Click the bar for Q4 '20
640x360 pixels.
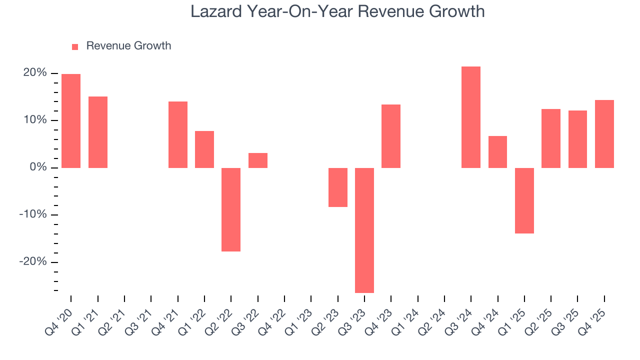click(71, 121)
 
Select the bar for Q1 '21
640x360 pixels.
click(98, 132)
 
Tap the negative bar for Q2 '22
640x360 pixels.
click(231, 209)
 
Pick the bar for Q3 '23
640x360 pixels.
click(364, 230)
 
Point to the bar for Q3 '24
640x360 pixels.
click(471, 117)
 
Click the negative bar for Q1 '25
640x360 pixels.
click(524, 200)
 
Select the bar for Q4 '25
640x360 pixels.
click(604, 134)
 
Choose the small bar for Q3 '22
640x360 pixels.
click(258, 160)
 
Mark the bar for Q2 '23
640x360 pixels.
click(338, 187)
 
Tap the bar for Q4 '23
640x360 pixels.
click(391, 136)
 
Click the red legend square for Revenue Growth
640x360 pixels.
click(75, 46)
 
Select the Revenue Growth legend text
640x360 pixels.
click(128, 46)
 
